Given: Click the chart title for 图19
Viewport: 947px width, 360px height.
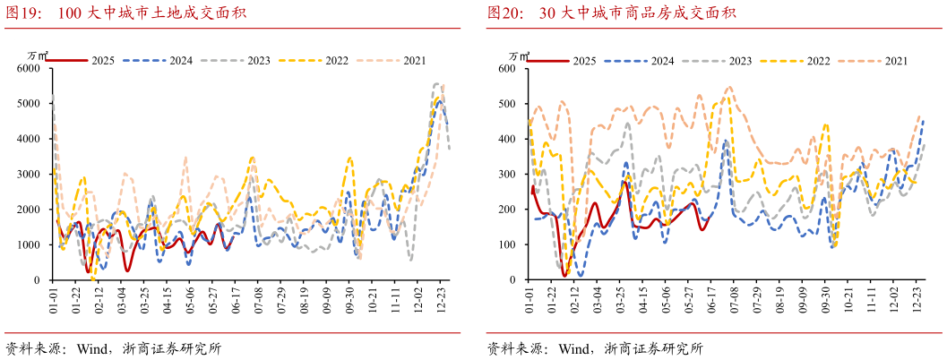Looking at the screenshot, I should pos(126,13).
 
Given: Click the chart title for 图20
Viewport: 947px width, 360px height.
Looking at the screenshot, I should pos(612,13).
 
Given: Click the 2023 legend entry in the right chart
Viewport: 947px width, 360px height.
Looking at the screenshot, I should pos(718,61).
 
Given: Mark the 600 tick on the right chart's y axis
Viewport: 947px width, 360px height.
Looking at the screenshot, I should pos(507,68).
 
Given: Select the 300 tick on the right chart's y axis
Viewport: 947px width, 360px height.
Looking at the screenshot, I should pos(507,174).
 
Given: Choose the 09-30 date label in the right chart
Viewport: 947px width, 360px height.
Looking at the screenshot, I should pos(825,300).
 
